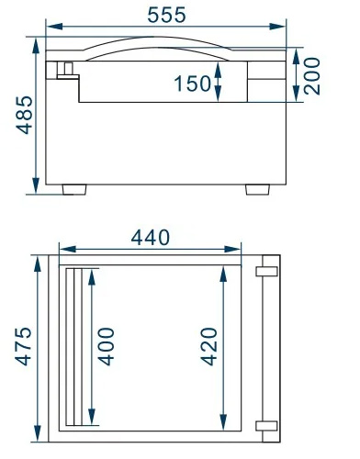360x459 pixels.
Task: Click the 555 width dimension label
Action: [166, 15]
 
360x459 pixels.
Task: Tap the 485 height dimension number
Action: [24, 115]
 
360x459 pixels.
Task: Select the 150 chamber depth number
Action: [193, 84]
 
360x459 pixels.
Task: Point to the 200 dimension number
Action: [312, 76]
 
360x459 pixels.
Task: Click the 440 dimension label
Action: [150, 238]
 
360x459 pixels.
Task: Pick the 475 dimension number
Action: [23, 346]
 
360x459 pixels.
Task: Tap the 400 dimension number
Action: [107, 346]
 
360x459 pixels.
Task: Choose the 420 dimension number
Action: [209, 346]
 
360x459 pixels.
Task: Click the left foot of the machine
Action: [74, 189]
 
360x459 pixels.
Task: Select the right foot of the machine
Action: [258, 189]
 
